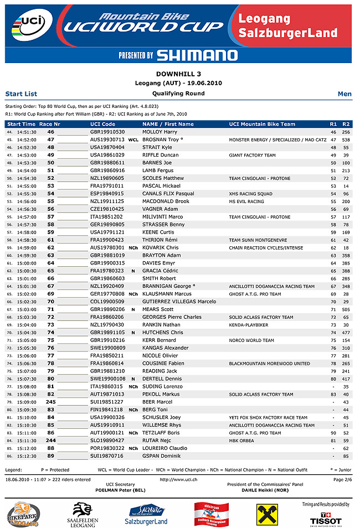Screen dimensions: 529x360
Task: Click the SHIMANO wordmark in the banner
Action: (197, 55)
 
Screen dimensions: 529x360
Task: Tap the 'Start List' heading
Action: (21, 94)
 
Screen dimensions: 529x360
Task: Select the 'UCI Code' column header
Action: (102, 124)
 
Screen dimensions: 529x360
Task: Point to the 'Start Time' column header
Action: (22, 124)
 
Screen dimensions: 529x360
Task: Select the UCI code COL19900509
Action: (107, 302)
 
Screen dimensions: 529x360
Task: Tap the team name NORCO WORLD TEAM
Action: (251, 340)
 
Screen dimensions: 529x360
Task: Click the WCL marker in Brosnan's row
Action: (133, 140)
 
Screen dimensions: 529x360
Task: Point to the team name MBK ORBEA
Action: (242, 441)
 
